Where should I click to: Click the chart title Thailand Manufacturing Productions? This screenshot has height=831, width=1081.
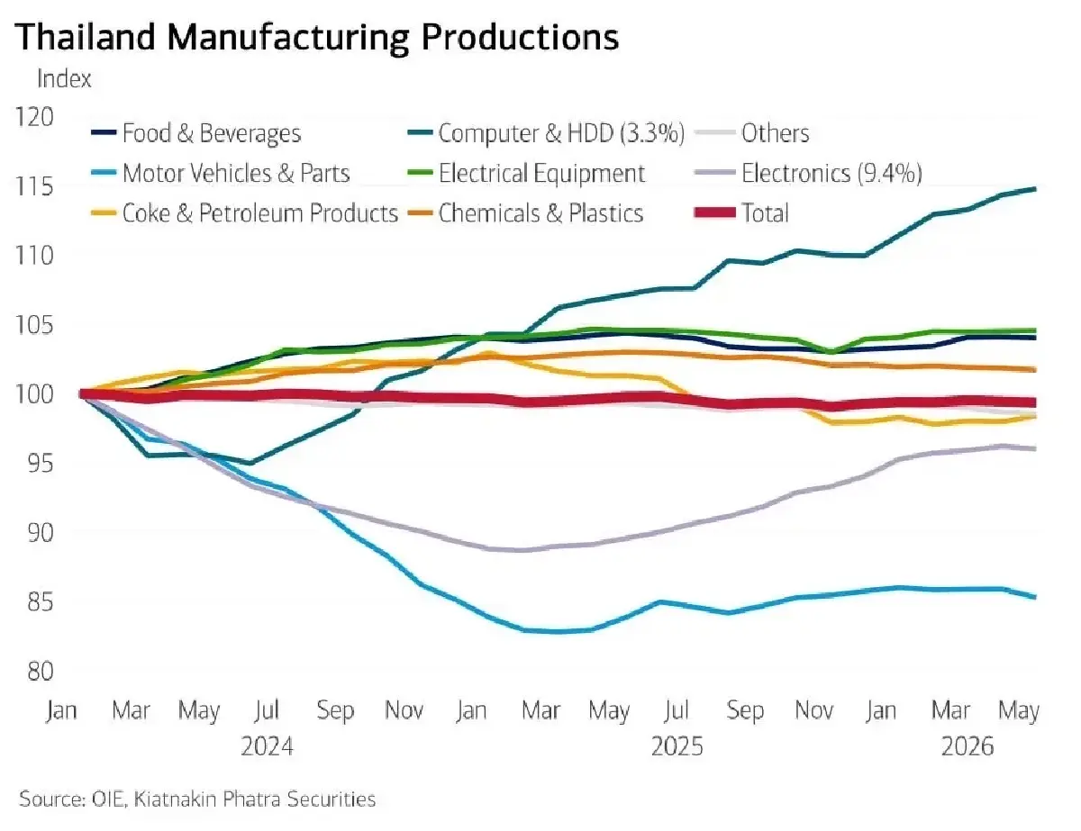click(x=317, y=37)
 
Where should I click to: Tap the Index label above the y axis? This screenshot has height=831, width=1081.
click(x=64, y=78)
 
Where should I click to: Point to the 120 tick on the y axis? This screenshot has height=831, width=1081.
click(x=34, y=117)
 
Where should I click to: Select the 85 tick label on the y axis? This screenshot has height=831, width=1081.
click(x=41, y=602)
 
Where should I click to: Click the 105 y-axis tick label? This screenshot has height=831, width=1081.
click(x=34, y=326)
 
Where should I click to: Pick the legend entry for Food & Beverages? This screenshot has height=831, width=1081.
click(x=196, y=133)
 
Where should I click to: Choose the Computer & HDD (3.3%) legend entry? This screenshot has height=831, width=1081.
click(x=546, y=133)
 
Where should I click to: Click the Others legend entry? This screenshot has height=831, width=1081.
click(x=751, y=133)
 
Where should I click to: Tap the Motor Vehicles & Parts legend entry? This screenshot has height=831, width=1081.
click(x=221, y=174)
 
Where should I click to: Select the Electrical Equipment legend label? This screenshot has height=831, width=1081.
click(x=526, y=174)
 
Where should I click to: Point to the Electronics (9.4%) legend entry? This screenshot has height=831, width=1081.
click(x=808, y=174)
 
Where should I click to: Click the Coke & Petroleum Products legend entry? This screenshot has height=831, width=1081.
click(x=245, y=213)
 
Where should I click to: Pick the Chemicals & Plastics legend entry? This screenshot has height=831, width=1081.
click(x=525, y=213)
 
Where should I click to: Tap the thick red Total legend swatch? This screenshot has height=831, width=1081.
click(x=715, y=213)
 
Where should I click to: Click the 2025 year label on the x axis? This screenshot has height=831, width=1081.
click(x=677, y=746)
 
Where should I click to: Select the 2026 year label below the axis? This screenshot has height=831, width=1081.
click(x=967, y=746)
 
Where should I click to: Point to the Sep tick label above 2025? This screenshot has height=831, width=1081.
click(x=745, y=710)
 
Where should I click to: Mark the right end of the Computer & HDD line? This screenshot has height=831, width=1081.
click(x=1036, y=189)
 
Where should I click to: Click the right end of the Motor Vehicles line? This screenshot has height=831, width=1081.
click(x=1036, y=598)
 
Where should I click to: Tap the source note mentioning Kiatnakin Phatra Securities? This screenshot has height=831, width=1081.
click(x=197, y=799)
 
